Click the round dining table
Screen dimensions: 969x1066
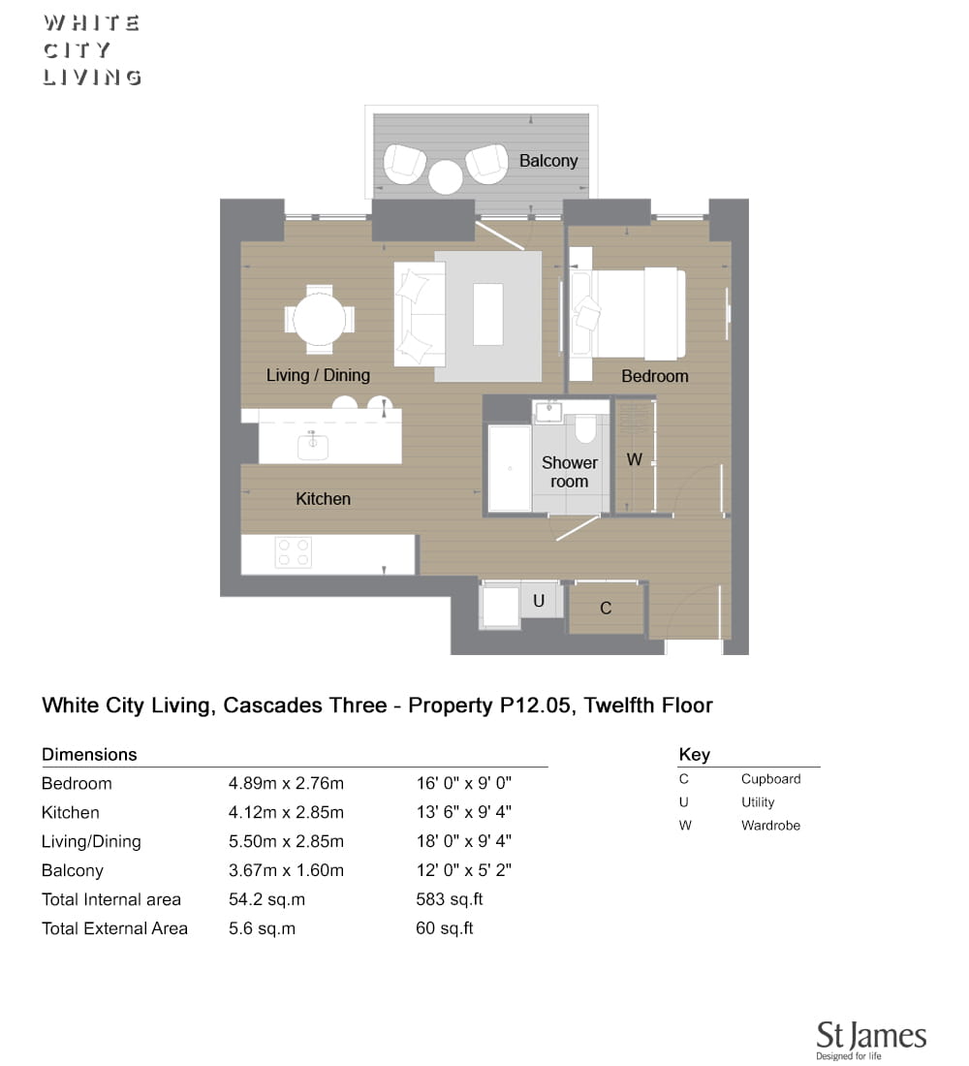pos(319,320)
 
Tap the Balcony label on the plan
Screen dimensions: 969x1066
pos(548,161)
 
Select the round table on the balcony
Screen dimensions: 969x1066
pos(446,176)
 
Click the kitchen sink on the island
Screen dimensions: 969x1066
pos(313,446)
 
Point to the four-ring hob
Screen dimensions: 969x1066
pos(293,552)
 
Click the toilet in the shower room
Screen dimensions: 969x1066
pos(585,428)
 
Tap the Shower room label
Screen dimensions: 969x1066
pos(569,472)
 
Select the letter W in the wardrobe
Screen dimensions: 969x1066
pos(635,459)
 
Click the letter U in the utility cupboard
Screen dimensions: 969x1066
pos(539,601)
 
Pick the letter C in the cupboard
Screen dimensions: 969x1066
pos(606,609)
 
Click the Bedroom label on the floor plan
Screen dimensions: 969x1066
pos(655,377)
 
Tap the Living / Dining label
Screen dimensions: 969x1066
pos(318,375)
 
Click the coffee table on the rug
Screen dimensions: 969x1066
pos(488,314)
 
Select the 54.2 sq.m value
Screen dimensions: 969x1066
pos(266,899)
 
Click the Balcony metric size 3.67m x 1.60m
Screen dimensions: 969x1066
pos(286,870)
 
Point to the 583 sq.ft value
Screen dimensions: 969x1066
pos(450,899)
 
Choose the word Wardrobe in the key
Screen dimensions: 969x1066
pos(770,826)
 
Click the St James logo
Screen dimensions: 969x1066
pos(871,1040)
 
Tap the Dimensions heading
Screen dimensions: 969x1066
pos(89,755)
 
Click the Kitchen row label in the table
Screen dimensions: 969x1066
pos(70,812)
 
